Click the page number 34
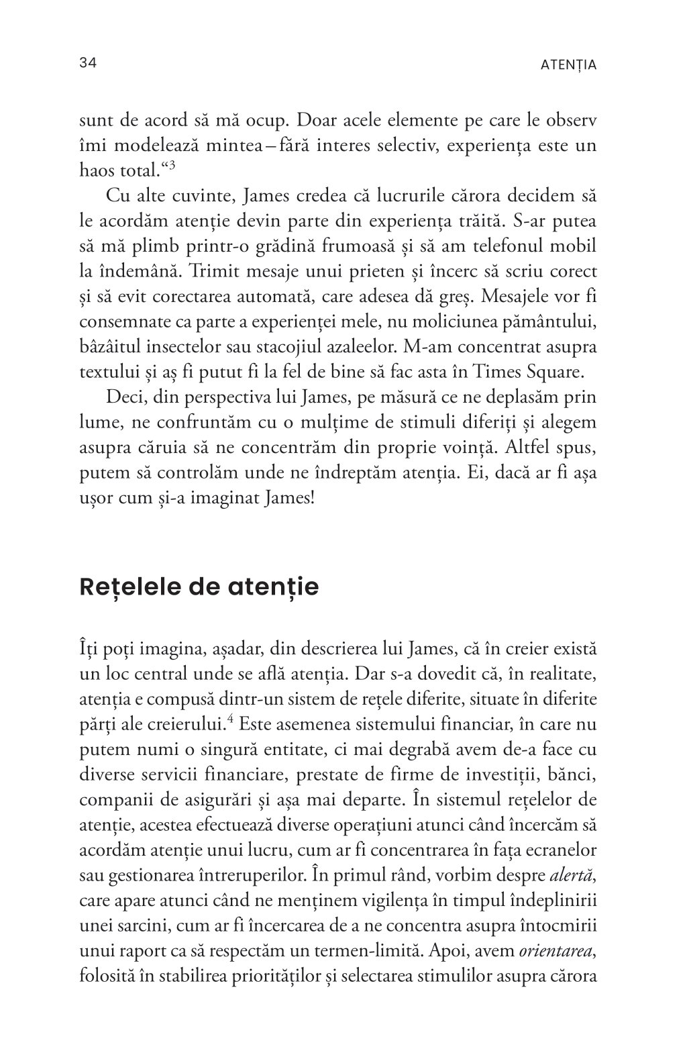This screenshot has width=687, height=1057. coord(89,64)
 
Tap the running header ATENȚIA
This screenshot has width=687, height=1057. coord(568,65)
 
